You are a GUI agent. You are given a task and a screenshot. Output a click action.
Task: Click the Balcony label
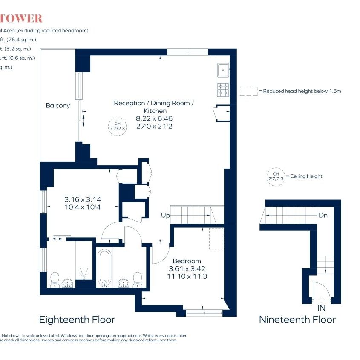click(x=58, y=105)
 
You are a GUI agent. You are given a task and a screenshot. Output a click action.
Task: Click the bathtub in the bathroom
click(x=104, y=268)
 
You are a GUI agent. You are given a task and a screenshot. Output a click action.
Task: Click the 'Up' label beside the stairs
click(x=165, y=216)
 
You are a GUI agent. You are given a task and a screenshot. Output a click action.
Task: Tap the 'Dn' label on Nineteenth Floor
click(x=323, y=216)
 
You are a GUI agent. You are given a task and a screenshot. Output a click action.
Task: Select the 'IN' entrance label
click(x=321, y=308)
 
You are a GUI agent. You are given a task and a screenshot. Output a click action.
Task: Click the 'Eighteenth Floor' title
click(x=77, y=319)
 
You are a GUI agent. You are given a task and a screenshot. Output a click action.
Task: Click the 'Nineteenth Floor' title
click(x=297, y=319)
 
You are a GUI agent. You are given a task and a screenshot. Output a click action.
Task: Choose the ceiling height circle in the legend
click(x=275, y=176)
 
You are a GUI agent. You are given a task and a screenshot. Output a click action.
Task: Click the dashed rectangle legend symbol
click(x=248, y=91)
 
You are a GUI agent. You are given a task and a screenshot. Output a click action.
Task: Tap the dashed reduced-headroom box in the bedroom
click(x=216, y=239)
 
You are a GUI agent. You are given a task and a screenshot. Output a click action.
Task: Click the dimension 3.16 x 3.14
click(x=83, y=199)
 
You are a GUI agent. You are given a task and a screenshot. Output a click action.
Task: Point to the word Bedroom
click(x=187, y=261)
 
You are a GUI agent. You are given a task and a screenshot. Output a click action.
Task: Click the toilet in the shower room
click(x=55, y=279)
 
